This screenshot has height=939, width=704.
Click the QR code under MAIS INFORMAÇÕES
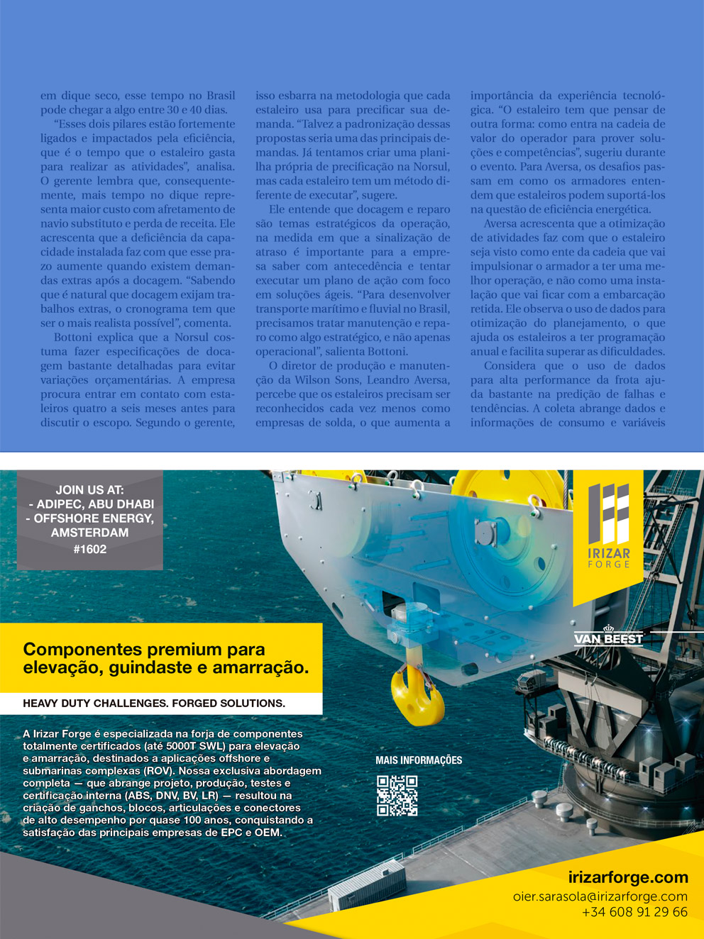tap(397, 795)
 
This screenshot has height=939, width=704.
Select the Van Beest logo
tap(608, 638)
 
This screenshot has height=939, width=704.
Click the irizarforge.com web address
tap(628, 877)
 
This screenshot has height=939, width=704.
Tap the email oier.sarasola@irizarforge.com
tap(600, 896)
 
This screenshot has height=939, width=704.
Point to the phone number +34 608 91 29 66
tap(634, 912)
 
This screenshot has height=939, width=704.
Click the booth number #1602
tap(90, 548)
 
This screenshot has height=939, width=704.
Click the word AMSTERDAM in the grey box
tap(90, 533)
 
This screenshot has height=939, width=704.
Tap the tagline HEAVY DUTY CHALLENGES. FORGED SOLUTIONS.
tap(154, 704)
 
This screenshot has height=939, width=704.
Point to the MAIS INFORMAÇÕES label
tap(419, 760)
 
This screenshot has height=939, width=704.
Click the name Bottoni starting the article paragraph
tap(74, 338)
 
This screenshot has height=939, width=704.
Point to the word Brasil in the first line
tap(221, 96)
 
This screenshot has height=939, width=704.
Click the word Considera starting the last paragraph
tap(510, 366)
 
